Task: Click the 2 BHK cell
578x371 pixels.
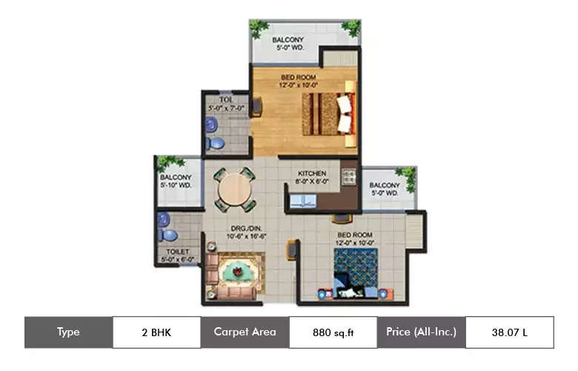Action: click(x=156, y=332)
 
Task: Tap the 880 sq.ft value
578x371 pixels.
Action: click(x=333, y=332)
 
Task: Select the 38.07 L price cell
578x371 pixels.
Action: click(x=509, y=332)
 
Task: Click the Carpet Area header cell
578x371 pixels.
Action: click(x=245, y=332)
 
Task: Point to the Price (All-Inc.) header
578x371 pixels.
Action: click(x=421, y=332)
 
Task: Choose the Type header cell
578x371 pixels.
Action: click(x=68, y=332)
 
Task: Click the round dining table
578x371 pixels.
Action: click(x=235, y=190)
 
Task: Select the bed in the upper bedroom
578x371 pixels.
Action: click(x=328, y=114)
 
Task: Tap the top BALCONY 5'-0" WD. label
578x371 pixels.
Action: click(x=288, y=39)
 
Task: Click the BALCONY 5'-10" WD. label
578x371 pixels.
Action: click(x=176, y=177)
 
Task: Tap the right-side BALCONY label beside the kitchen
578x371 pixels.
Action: click(x=385, y=185)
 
